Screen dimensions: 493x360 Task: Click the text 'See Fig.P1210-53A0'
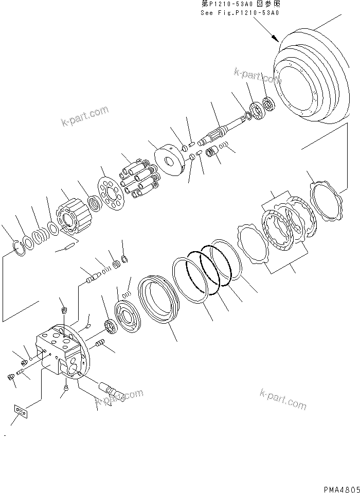click(x=240, y=13)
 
